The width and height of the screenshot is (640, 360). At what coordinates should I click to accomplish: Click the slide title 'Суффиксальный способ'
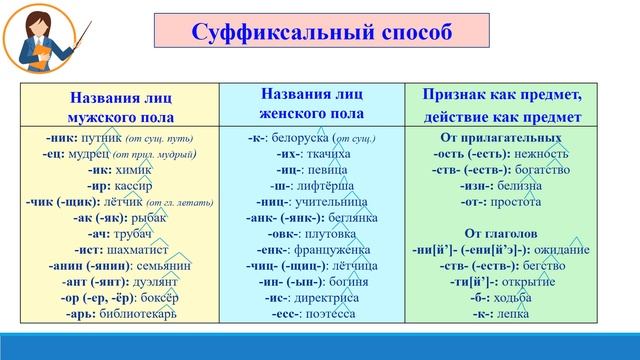[x=320, y=31]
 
